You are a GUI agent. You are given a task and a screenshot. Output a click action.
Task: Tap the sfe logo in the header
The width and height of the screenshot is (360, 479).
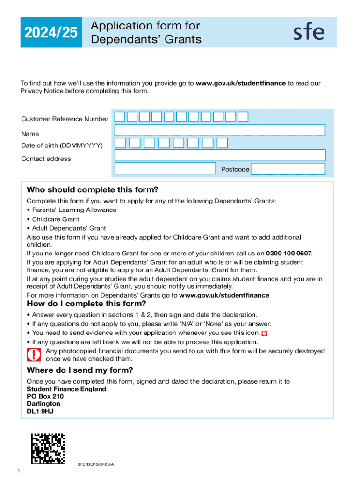309,32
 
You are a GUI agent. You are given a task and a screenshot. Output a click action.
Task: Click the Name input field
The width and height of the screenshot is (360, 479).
220,130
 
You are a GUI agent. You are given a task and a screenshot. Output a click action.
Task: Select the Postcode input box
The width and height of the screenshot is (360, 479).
288,169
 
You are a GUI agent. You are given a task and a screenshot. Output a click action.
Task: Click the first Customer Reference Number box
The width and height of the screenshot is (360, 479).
120,116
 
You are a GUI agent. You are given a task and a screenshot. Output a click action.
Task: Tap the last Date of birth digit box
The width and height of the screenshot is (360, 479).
223,143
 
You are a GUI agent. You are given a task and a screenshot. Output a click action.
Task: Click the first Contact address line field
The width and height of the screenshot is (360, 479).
220,155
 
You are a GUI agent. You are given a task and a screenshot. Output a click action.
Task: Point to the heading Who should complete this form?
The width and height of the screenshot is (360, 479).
93,190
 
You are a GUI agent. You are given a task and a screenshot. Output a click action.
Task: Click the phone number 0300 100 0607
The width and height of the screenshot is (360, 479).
288,254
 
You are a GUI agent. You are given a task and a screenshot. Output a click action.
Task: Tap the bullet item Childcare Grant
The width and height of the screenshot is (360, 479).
56,219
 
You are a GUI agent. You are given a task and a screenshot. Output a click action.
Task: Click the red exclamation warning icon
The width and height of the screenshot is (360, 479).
34,355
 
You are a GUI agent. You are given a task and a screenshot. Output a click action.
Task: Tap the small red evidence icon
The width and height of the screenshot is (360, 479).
265,334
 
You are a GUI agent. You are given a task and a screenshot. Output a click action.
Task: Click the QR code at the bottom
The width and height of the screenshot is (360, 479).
48,449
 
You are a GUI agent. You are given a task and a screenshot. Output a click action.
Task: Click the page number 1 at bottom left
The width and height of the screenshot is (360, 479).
18,471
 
